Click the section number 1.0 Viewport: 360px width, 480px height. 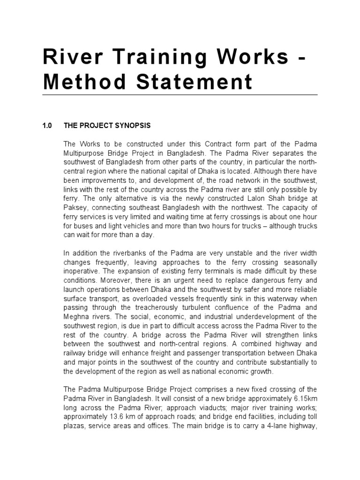[x=48, y=126]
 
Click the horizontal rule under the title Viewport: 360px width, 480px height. [x=180, y=94]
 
